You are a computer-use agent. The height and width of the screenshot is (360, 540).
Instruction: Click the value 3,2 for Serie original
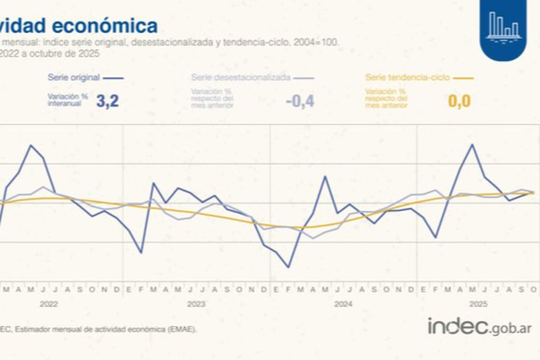[107, 101]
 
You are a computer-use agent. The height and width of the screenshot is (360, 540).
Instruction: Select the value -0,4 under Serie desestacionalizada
[300, 101]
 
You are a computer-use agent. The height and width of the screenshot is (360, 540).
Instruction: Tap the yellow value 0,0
[459, 101]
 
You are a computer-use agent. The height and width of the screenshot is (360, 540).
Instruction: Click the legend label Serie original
[74, 77]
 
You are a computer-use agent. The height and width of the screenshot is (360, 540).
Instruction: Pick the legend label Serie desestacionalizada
[241, 77]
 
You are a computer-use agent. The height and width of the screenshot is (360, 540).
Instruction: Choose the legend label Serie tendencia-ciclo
[407, 77]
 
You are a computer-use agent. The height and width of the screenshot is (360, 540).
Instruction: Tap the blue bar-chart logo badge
[503, 29]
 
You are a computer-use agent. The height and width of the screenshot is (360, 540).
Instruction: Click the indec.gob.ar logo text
[480, 327]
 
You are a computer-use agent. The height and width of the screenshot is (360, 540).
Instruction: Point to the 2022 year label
[49, 304]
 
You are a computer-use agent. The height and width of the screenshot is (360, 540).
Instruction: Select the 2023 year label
[196, 304]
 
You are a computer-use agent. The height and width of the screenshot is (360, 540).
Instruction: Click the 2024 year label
[343, 304]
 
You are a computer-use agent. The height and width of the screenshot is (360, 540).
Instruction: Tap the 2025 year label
[478, 304]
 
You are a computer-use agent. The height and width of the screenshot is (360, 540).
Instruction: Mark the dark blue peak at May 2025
[472, 145]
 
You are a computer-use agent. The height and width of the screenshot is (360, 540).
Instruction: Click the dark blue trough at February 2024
[288, 268]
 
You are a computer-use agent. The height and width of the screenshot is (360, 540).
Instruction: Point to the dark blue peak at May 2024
[325, 176]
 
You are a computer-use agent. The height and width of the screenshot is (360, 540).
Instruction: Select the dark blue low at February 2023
[141, 253]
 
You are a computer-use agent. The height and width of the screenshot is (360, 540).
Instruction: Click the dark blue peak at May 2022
[31, 145]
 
